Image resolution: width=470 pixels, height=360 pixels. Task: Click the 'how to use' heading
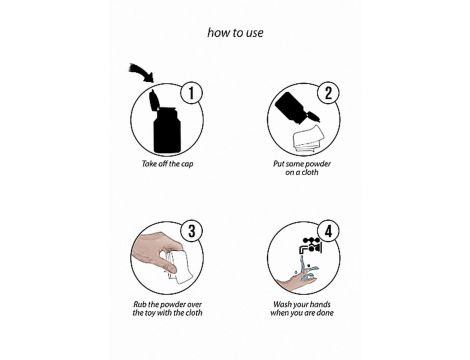[x=235, y=33]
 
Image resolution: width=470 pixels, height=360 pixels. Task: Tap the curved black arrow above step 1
[x=141, y=72]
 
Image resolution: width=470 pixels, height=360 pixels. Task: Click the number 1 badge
[x=191, y=93]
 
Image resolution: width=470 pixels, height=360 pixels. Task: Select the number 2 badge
[x=328, y=93]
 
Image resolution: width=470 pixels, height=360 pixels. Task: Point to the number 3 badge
[x=191, y=231]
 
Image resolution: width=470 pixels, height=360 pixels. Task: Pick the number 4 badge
[x=328, y=231]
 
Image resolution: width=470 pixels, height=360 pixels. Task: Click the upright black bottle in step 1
[x=167, y=129]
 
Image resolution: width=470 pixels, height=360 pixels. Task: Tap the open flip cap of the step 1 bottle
[x=154, y=100]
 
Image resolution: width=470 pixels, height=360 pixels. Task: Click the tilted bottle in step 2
[x=297, y=109]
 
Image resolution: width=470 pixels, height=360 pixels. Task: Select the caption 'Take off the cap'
[x=167, y=164]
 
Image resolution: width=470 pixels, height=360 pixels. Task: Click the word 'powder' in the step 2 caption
[x=318, y=164]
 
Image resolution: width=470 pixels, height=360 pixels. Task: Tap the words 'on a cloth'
[x=302, y=172]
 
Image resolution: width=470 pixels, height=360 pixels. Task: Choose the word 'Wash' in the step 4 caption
[x=282, y=304]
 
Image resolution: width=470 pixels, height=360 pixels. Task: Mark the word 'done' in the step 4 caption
[x=325, y=313]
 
